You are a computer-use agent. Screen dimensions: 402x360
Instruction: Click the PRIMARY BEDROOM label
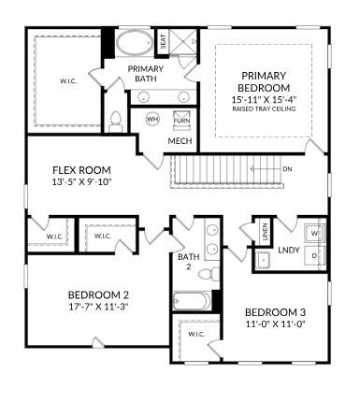[x=263, y=81]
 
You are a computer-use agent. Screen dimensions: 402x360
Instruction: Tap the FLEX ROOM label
[x=81, y=170]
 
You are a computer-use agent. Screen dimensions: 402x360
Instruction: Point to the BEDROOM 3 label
[x=274, y=312]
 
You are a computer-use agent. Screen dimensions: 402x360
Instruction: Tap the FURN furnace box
[x=181, y=120]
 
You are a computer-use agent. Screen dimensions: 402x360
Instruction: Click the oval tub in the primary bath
[x=136, y=43]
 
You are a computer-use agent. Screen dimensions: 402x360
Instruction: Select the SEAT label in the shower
[x=163, y=42]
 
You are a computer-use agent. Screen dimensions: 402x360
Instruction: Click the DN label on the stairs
[x=287, y=169]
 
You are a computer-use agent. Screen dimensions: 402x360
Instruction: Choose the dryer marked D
[x=314, y=254]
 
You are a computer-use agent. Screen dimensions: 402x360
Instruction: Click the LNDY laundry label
[x=288, y=250]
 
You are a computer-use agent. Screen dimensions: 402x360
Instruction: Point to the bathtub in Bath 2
[x=193, y=301]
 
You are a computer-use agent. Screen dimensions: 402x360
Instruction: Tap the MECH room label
[x=180, y=141]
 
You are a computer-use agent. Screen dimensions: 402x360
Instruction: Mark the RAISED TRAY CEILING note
[x=263, y=109]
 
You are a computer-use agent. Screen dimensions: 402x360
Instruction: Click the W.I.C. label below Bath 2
[x=196, y=334]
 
